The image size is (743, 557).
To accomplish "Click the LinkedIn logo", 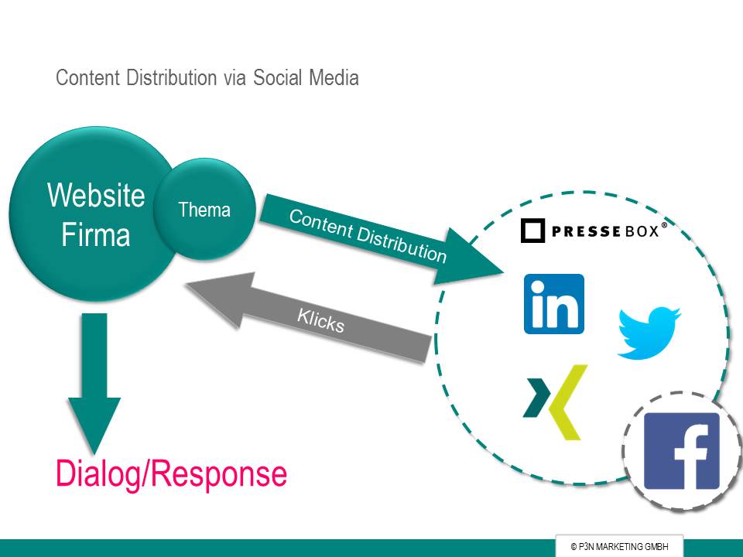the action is (554, 304).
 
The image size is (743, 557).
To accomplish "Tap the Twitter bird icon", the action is (649, 333).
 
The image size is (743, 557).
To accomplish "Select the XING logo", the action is (555, 402).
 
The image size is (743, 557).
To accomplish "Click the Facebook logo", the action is (681, 451).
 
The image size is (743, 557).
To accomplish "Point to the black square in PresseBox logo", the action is (532, 231).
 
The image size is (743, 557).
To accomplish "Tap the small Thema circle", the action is (204, 209).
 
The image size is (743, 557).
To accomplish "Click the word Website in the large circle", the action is (96, 195).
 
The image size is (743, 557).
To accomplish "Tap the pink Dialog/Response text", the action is (171, 474).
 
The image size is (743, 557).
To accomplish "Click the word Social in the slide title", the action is (276, 77).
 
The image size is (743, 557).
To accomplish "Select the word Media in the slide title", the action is (334, 77).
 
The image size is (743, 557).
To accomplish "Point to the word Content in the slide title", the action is (87, 77).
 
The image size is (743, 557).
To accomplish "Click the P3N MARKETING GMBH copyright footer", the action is (619, 547).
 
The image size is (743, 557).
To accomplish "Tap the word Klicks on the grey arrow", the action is (320, 320).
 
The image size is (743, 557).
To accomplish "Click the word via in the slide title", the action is (235, 78).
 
